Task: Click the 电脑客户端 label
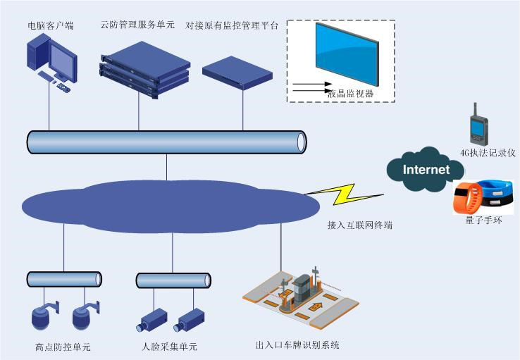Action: coord(50,26)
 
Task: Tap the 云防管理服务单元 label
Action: coord(138,26)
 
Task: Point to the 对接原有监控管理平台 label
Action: coord(232,25)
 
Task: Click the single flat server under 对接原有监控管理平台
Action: coord(237,71)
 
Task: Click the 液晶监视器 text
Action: coord(350,93)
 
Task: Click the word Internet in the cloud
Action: coord(426,170)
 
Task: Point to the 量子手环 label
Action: coord(483,221)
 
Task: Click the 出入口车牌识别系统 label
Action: coord(298,345)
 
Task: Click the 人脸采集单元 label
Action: coord(170,347)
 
